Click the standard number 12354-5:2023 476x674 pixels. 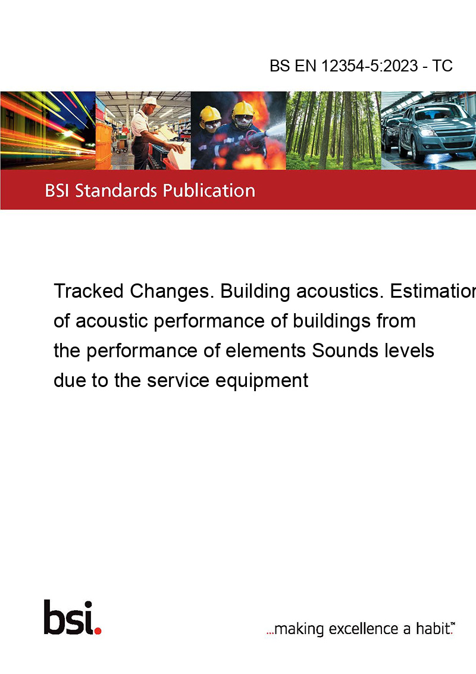tap(369, 65)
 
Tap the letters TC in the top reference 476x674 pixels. tap(442, 65)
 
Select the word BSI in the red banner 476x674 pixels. tap(58, 191)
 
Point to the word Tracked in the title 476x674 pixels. tap(89, 291)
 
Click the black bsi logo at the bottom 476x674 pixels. tap(68, 617)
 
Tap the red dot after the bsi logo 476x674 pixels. tap(98, 631)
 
